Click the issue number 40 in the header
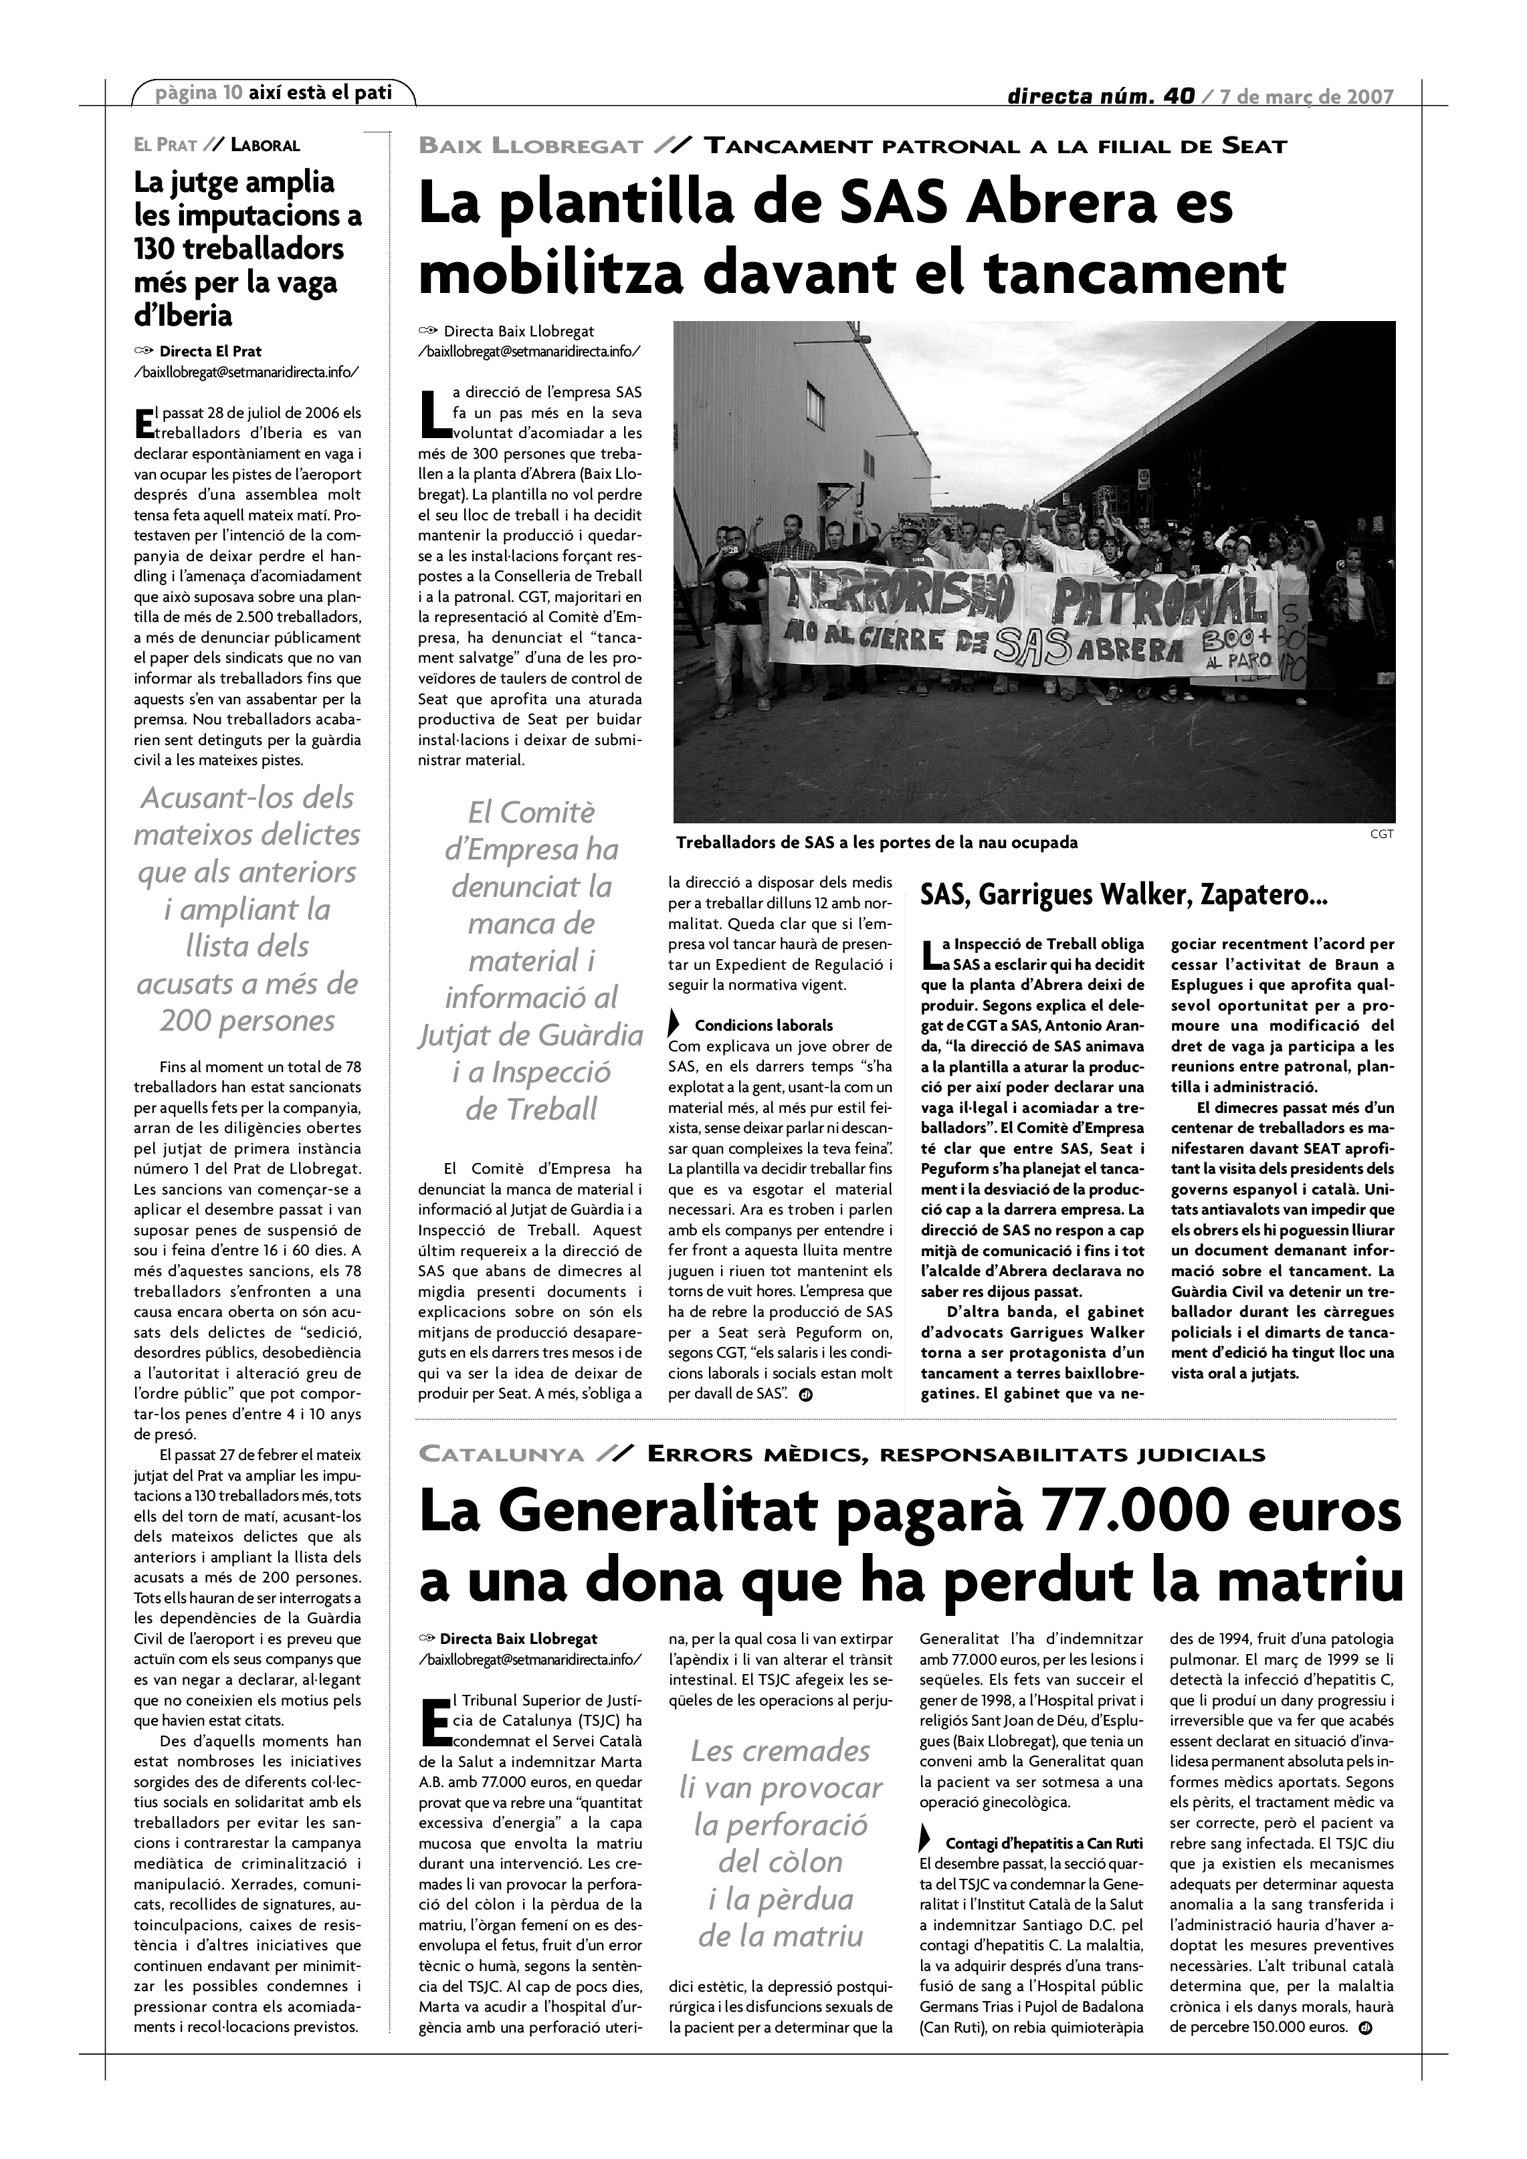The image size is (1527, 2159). (1177, 97)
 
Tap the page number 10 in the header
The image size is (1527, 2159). (232, 93)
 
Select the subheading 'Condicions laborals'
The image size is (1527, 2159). (764, 1025)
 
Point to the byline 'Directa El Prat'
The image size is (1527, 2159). (211, 352)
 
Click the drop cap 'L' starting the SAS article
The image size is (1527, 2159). (433, 414)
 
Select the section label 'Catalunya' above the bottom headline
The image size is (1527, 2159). (501, 1455)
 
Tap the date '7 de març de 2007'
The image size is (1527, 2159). (1306, 97)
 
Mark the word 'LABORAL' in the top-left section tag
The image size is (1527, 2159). (265, 146)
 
